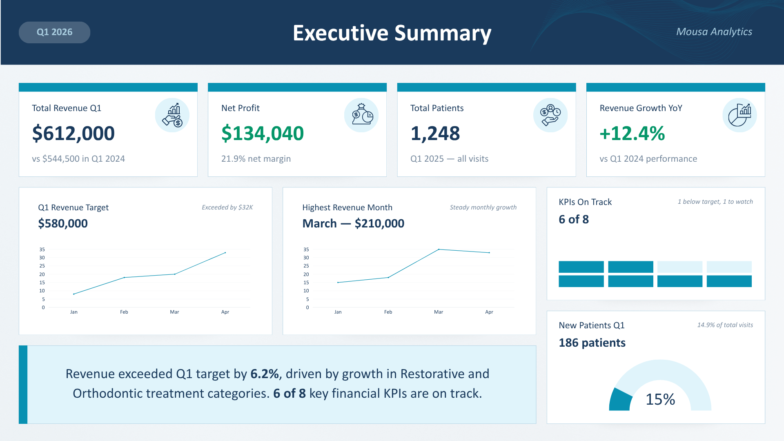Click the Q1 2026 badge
(x=54, y=32)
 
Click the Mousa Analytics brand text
(x=714, y=32)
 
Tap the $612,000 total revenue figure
(x=73, y=134)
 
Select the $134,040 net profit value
(x=263, y=134)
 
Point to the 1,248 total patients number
(x=435, y=134)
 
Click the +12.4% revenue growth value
(x=632, y=134)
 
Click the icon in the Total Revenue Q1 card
(x=172, y=115)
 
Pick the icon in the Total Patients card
(x=550, y=115)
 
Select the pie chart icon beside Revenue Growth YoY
(x=739, y=115)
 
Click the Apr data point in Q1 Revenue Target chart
(x=225, y=253)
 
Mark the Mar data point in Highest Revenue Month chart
(x=439, y=249)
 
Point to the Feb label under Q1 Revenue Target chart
(x=124, y=312)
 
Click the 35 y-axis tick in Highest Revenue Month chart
(x=306, y=249)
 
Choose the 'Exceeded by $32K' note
(x=227, y=207)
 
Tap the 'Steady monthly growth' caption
(x=483, y=207)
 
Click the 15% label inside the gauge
(x=660, y=399)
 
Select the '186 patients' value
(x=592, y=343)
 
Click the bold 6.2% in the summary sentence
(x=265, y=374)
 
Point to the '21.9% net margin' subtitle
(x=256, y=159)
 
